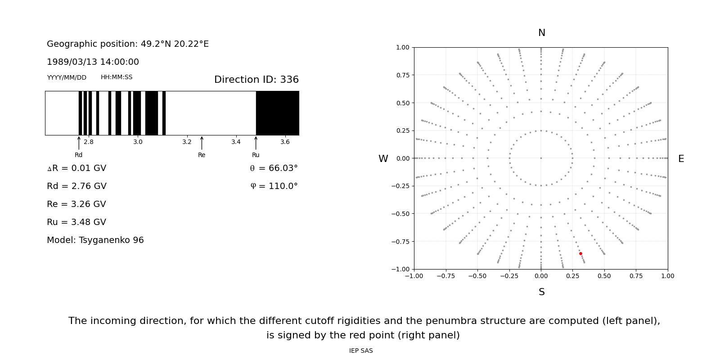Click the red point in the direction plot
[580, 254]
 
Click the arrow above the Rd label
[79, 143]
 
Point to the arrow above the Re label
[202, 143]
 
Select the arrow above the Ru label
[256, 143]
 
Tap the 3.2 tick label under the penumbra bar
[187, 142]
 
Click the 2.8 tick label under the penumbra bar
[89, 142]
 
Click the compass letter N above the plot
[541, 33]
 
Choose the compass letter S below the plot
[541, 292]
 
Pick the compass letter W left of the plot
[383, 159]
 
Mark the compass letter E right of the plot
[681, 159]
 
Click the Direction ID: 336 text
[256, 80]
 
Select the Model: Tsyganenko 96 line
[95, 240]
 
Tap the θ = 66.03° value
[274, 168]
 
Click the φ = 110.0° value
[274, 186]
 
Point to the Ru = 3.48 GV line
[76, 222]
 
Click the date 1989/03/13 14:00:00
[93, 62]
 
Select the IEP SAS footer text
[360, 351]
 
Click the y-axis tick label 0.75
[402, 75]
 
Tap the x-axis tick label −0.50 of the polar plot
[477, 276]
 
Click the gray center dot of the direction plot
[541, 158]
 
